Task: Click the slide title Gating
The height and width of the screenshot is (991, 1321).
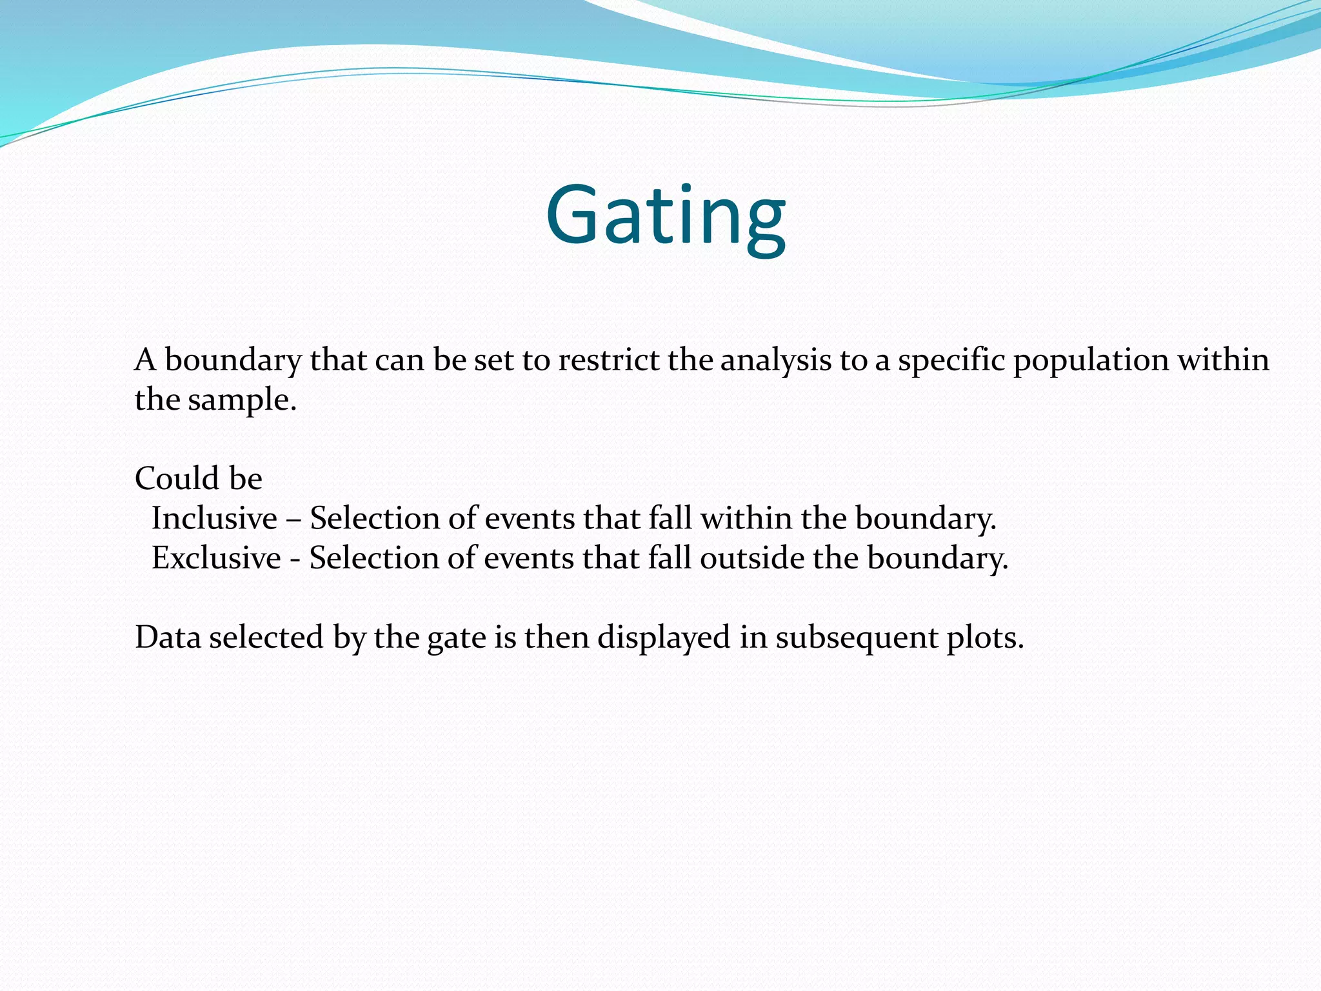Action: [665, 216]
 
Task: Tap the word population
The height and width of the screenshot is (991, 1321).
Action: [1091, 360]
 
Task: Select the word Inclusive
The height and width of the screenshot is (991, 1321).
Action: [214, 519]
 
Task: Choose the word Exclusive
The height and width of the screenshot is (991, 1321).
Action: [216, 558]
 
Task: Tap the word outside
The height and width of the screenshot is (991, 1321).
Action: [752, 558]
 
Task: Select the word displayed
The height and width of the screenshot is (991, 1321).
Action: [664, 637]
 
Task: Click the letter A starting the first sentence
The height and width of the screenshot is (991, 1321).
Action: [146, 360]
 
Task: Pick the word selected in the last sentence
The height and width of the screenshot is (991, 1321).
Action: [266, 637]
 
